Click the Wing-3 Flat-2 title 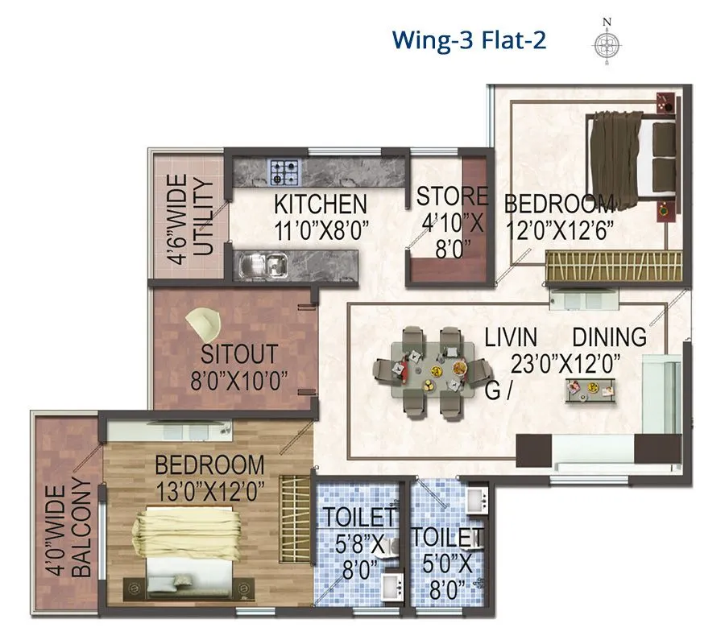point(469,39)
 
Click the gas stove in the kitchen point(284,171)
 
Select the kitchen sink point(264,263)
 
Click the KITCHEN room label point(320,204)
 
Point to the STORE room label point(451,196)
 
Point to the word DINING point(609,336)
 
